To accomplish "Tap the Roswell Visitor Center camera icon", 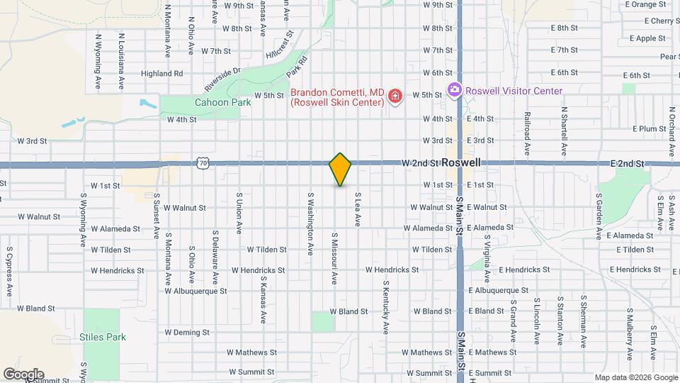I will click(x=454, y=91).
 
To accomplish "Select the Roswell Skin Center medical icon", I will click(x=395, y=96).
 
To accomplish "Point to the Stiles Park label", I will click(x=103, y=337).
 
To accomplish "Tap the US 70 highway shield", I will click(x=204, y=163).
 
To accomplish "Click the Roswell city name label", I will click(x=460, y=162).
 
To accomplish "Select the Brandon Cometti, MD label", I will click(x=337, y=92).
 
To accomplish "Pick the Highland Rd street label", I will click(x=161, y=73).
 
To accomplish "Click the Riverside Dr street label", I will click(x=222, y=79).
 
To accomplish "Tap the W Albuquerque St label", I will click(x=195, y=291).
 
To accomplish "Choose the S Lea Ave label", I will click(x=358, y=209).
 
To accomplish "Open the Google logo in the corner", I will click(x=23, y=374).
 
